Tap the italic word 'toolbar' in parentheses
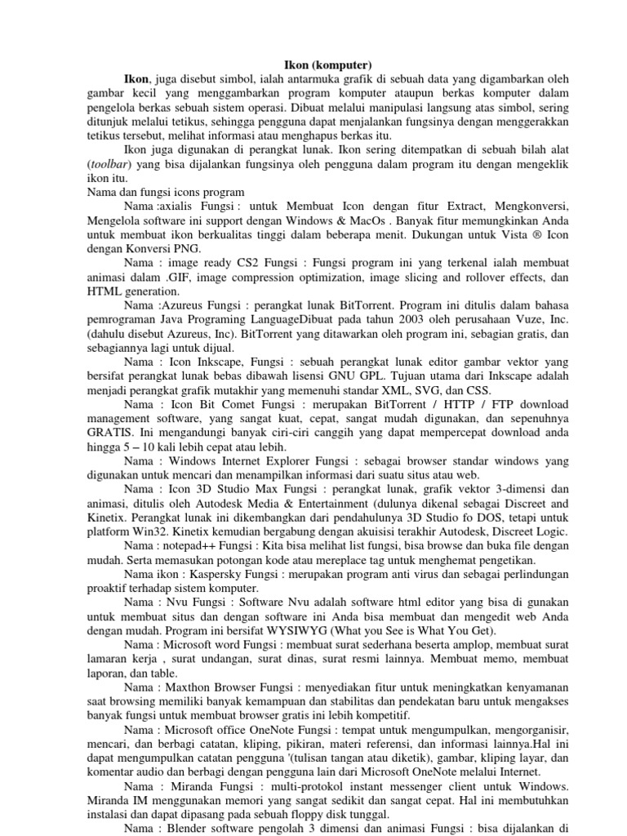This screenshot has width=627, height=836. coord(109,163)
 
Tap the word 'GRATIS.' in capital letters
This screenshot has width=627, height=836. coord(110,433)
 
